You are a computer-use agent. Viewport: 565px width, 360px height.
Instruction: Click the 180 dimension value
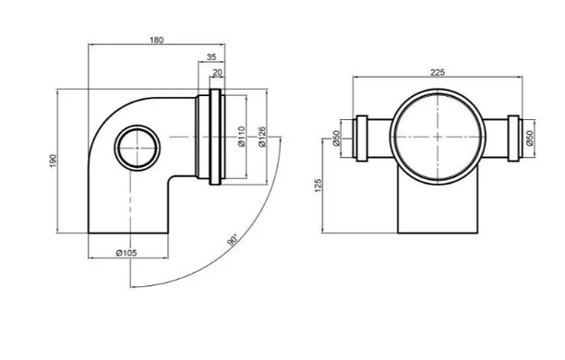coord(156,40)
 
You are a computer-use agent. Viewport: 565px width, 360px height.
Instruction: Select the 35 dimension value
coord(211,57)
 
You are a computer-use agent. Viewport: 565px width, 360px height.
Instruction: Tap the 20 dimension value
coord(217,73)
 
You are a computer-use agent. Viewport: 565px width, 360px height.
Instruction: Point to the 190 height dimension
coord(54,161)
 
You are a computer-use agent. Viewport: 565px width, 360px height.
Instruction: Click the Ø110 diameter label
coord(242,137)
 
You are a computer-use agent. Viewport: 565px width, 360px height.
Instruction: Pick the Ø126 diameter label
coord(262,137)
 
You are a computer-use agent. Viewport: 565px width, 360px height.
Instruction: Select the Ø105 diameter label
coord(126,253)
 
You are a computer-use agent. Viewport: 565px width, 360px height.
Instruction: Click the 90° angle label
coord(233,240)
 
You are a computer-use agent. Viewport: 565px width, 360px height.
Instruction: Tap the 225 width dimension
coord(438,72)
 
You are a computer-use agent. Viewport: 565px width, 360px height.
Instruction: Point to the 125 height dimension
coord(319,186)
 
